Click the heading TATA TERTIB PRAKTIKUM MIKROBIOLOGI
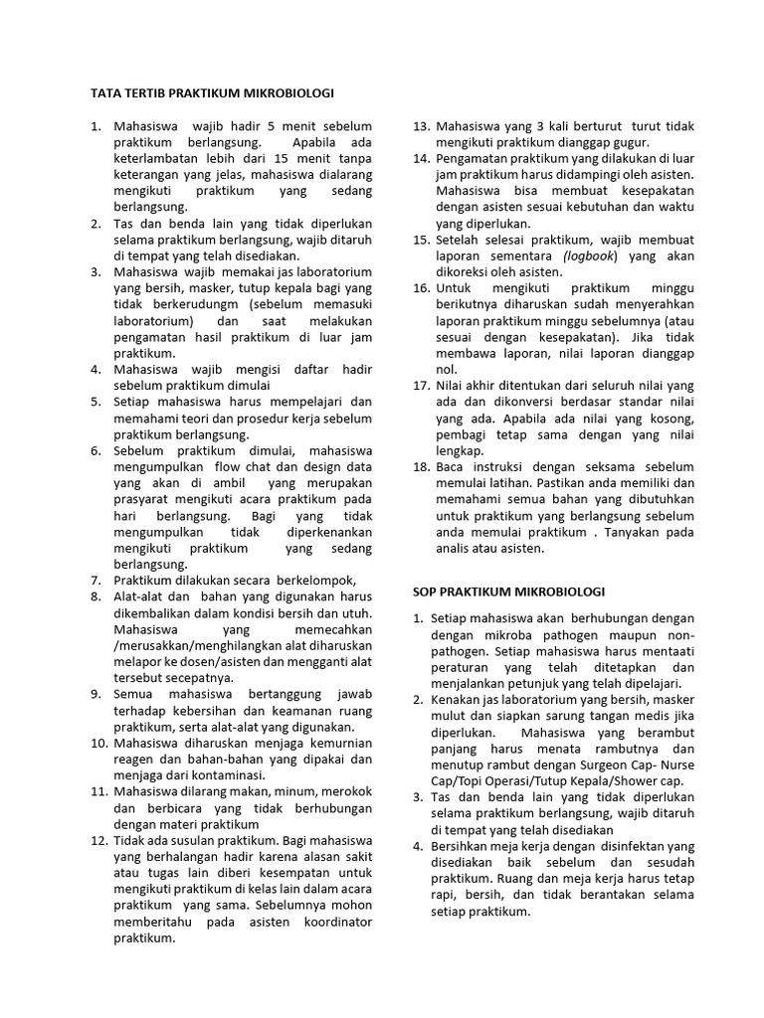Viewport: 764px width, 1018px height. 212,93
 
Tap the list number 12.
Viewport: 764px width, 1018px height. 97,839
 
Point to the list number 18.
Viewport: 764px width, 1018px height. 421,466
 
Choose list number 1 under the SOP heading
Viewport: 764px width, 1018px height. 420,618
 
